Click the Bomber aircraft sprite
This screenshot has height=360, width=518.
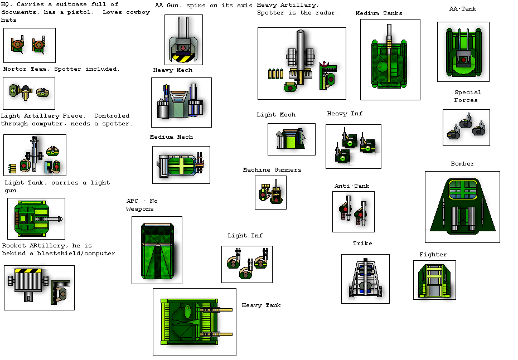[x=462, y=207]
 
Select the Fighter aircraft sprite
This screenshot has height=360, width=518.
[x=434, y=280]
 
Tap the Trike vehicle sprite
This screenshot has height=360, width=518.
[x=365, y=279]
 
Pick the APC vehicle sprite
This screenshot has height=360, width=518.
[x=157, y=250]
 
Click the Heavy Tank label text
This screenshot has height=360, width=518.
[x=261, y=305]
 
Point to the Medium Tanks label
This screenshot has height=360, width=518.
[x=379, y=13]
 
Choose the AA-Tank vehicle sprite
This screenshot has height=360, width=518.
[x=463, y=52]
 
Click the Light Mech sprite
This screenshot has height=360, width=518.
[x=291, y=139]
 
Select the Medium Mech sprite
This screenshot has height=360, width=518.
[x=181, y=165]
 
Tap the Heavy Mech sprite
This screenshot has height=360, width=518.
[x=181, y=103]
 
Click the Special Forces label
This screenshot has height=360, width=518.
[x=467, y=96]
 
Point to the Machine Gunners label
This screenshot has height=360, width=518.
[x=272, y=170]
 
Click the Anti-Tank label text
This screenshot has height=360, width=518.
[x=352, y=186]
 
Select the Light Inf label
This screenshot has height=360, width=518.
[x=245, y=236]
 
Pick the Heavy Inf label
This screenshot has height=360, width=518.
[x=345, y=114]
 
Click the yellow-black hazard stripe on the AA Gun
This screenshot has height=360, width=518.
[x=183, y=57]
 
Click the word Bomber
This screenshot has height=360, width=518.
[x=462, y=164]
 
